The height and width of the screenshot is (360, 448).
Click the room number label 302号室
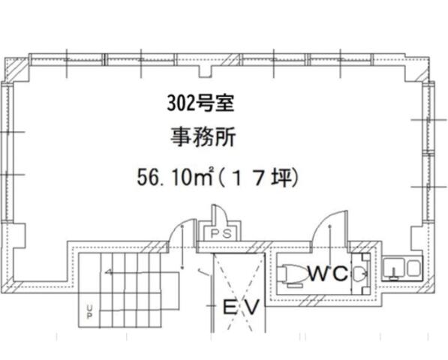click(200, 103)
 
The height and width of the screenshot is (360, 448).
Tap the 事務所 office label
click(203, 137)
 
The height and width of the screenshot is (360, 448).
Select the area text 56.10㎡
click(176, 177)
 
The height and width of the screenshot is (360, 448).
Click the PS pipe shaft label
click(221, 234)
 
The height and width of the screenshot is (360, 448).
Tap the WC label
click(328, 273)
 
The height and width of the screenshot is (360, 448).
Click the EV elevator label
click(242, 307)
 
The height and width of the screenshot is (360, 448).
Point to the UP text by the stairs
click(89, 312)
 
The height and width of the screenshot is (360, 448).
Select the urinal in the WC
click(360, 273)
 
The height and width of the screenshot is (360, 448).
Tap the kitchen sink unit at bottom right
click(402, 268)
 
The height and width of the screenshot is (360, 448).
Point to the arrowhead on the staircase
click(108, 272)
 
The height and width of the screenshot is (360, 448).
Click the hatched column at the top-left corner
click(17, 69)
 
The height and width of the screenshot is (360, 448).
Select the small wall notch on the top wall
click(205, 71)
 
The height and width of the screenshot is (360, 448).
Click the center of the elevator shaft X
click(238, 291)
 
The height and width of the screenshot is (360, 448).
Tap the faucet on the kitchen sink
click(394, 273)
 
